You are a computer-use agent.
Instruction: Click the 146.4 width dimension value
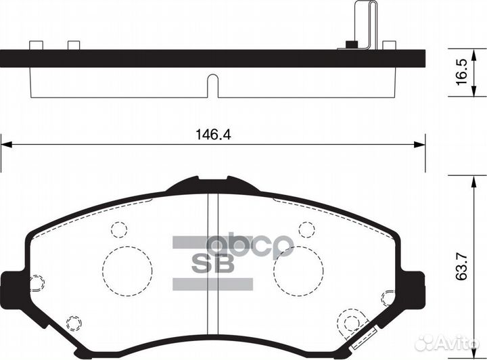(x=212, y=135)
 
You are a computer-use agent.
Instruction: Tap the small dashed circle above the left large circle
(x=119, y=229)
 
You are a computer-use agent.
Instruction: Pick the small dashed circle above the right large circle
(x=306, y=229)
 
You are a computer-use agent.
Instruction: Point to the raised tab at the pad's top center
(x=212, y=182)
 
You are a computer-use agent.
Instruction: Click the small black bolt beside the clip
(x=350, y=45)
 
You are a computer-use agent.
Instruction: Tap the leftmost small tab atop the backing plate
(x=37, y=45)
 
